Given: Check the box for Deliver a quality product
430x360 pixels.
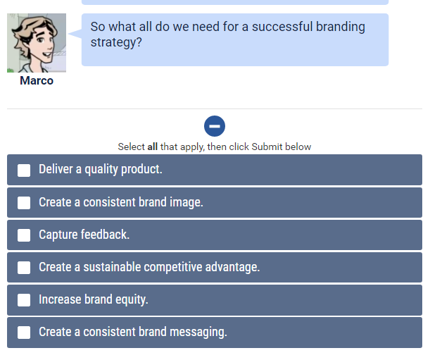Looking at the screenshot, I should point(24,170).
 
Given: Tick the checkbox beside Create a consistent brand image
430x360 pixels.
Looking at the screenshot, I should point(24,202).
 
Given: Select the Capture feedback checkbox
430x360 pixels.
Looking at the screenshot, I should point(24,235).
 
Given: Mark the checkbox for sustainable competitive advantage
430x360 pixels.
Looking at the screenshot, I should point(24,267).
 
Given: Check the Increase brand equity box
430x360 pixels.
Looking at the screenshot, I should point(24,299).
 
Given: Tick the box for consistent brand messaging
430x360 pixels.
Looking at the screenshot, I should point(24,332).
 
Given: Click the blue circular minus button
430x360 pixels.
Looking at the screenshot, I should point(215,126).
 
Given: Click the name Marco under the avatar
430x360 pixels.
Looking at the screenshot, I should point(37,80).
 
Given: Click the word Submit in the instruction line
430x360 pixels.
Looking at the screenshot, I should point(267,147).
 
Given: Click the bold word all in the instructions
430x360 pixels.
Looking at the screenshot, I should point(152,147).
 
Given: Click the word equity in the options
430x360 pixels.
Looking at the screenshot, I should point(132,299).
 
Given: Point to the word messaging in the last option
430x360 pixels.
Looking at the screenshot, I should point(200,332).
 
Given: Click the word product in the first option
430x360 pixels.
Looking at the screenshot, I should point(141,170).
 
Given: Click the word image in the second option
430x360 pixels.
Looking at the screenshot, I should point(186,202).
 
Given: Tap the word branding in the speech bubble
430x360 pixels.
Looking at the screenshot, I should point(341,27).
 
